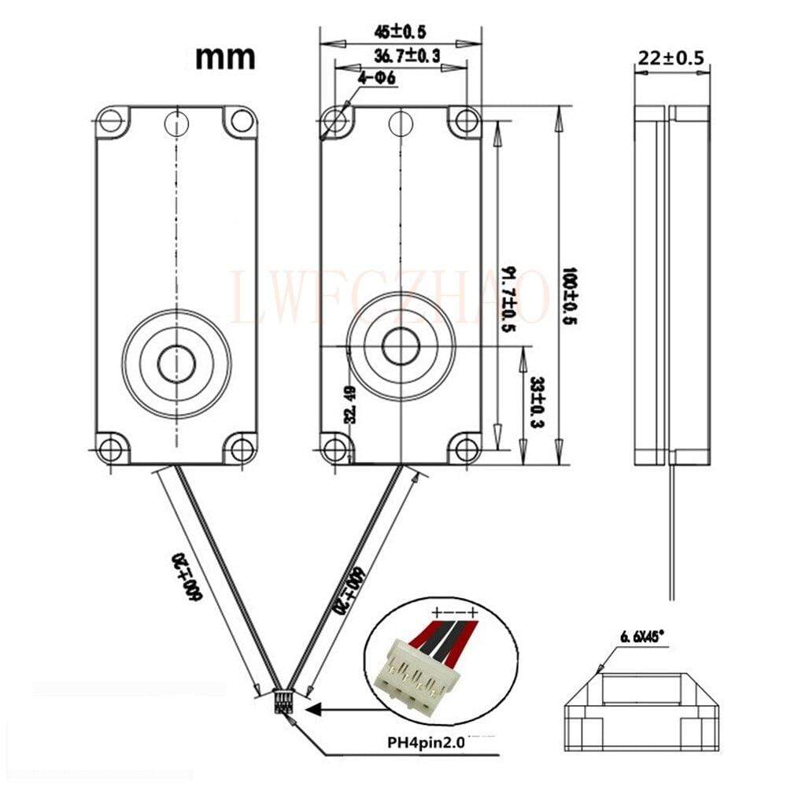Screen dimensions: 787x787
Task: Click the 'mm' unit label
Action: click(225, 56)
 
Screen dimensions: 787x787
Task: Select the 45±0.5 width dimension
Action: click(400, 32)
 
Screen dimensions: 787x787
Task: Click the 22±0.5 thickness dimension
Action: click(672, 57)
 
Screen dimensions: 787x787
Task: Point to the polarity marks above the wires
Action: click(454, 611)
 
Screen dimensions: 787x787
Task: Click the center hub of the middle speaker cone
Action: click(400, 345)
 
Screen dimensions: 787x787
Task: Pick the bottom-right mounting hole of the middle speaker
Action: click(467, 450)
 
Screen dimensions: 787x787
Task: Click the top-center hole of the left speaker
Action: click(176, 121)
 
